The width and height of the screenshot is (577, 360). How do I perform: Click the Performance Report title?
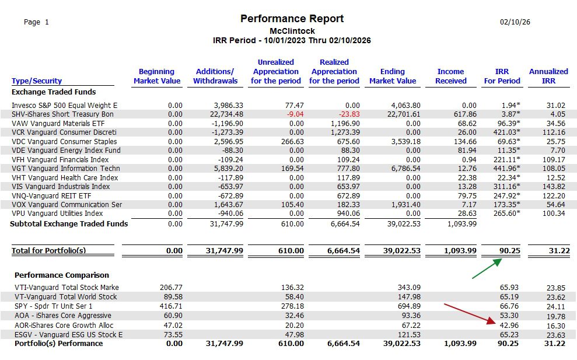[292, 19]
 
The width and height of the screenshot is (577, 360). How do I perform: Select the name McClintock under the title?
[292, 31]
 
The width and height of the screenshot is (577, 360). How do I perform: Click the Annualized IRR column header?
[548, 76]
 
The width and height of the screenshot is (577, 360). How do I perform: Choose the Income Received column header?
[450, 76]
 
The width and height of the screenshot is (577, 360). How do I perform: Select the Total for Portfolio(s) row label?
[49, 250]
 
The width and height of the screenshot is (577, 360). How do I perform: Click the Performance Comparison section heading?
[62, 275]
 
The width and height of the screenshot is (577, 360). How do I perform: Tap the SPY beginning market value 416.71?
[171, 306]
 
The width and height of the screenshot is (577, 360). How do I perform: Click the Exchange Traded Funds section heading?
[54, 92]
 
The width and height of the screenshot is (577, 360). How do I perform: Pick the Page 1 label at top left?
[36, 22]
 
